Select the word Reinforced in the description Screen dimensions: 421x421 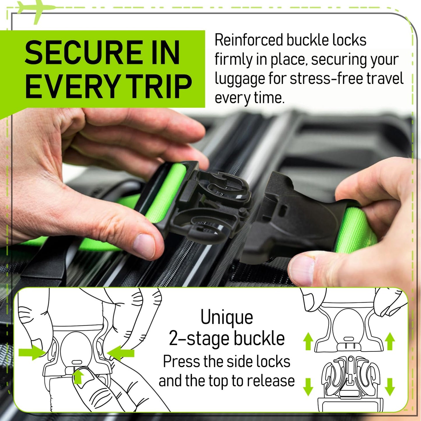click(249, 40)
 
